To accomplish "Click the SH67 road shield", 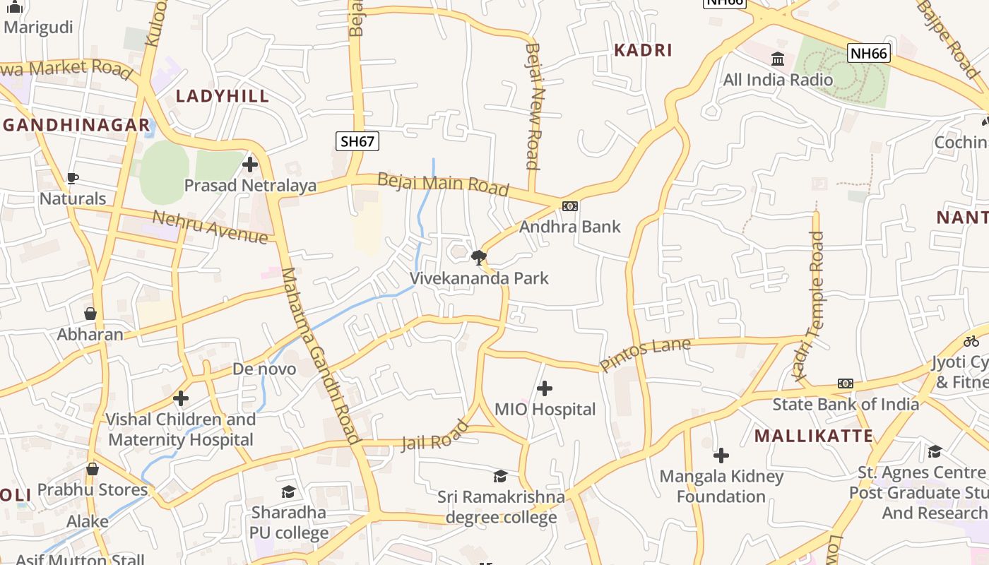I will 357,141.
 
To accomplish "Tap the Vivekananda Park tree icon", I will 479,256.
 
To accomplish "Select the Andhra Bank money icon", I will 570,206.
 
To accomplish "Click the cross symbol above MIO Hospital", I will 545,388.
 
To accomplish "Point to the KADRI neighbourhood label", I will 643,50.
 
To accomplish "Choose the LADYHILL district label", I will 223,96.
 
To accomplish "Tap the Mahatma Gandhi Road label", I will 321,355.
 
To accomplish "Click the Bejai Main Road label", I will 443,184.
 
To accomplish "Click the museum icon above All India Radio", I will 778,59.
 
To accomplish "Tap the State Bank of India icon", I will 846,383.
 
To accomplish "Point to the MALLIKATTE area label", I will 814,435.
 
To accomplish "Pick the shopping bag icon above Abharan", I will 90,314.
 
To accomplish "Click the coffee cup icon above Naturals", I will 72,178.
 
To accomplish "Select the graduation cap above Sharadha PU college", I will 288,492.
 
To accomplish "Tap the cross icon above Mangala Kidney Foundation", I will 721,456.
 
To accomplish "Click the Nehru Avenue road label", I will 211,227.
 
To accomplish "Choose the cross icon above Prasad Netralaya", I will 249,165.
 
